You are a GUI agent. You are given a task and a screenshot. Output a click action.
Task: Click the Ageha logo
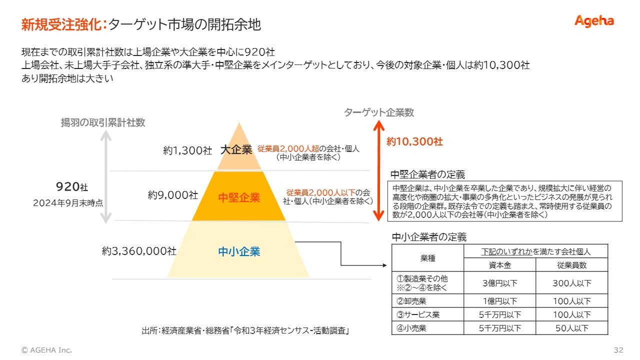point(594,21)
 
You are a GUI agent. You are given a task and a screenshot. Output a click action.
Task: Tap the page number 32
point(618,350)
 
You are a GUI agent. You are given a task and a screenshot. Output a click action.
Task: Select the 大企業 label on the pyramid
point(236,149)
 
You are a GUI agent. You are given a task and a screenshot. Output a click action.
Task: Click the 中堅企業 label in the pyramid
point(239,197)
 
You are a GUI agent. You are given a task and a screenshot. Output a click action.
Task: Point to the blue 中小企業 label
point(239,251)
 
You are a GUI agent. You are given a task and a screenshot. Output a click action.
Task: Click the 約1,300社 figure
point(187,150)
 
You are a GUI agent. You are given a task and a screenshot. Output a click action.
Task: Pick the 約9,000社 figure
point(173,195)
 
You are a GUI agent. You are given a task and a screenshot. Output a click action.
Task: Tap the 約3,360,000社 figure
point(139,251)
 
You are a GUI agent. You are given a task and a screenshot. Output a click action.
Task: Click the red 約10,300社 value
point(414,141)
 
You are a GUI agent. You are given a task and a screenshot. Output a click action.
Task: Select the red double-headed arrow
point(379,170)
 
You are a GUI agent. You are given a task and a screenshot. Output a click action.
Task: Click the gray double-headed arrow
point(105,177)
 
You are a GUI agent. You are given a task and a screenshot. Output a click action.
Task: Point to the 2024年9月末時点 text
point(68,203)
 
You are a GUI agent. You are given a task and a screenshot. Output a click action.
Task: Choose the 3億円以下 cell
point(500,283)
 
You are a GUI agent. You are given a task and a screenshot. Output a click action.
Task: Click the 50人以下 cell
point(572,328)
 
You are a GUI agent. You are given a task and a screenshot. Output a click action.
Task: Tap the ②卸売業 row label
point(411,301)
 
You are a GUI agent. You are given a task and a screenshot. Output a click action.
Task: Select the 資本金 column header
point(500,265)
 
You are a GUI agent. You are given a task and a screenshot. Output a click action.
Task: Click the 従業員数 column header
point(572,265)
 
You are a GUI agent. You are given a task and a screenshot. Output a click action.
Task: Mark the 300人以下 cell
point(572,283)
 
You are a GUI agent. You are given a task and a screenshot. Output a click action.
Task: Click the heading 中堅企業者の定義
point(427,174)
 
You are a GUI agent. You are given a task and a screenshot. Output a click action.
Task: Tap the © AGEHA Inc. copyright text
point(46,350)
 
